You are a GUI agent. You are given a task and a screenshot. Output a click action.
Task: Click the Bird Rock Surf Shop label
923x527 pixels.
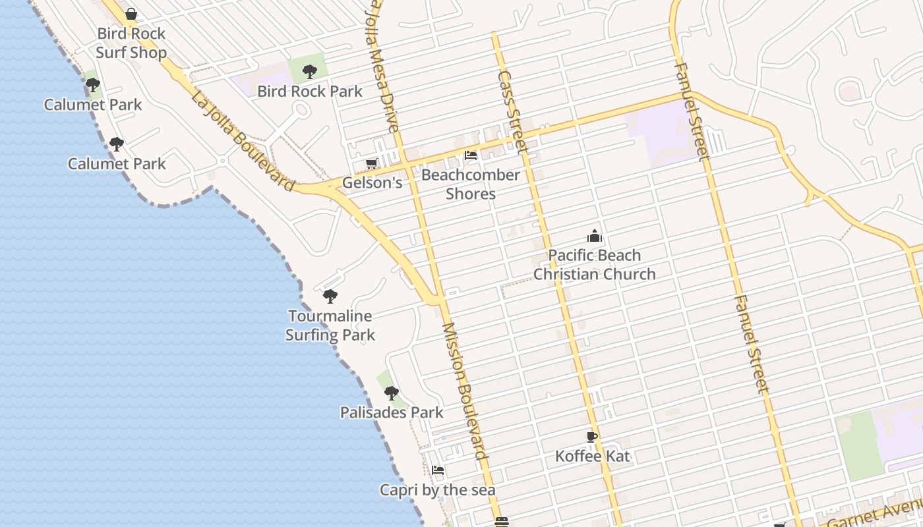(x=131, y=43)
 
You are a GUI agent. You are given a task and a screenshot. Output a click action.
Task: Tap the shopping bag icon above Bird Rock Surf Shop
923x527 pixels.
(x=131, y=14)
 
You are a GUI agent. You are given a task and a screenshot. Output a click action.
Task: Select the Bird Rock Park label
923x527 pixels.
(x=310, y=91)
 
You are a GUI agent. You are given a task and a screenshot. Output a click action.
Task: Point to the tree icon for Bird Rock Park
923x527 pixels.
(x=310, y=72)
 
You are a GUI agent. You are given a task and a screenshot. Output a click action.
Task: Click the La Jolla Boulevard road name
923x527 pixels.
(x=243, y=142)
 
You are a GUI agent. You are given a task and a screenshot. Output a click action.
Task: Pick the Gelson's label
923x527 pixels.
(x=372, y=182)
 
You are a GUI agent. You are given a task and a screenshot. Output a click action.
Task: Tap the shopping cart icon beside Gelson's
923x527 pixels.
(x=371, y=163)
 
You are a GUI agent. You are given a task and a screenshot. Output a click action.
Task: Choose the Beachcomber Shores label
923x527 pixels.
(x=471, y=184)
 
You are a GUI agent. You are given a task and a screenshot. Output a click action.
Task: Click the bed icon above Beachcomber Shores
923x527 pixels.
(x=471, y=155)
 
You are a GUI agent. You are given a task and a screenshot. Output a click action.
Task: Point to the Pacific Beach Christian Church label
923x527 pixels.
(x=595, y=265)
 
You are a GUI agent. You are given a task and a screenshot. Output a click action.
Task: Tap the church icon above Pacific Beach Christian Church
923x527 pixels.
(x=595, y=236)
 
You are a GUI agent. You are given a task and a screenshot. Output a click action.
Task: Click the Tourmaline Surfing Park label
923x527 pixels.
(x=330, y=325)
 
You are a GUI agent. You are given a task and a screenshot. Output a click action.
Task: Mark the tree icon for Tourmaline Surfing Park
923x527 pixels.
(x=330, y=296)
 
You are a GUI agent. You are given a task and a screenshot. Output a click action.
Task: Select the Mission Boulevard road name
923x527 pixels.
(x=465, y=391)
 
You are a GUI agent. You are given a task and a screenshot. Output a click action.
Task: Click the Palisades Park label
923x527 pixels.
(x=392, y=412)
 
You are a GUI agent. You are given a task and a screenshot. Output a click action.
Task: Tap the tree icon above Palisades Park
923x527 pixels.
(x=392, y=393)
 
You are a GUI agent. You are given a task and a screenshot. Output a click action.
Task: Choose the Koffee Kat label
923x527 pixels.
(x=593, y=456)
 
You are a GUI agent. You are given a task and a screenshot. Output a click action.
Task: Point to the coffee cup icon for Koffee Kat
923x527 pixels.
(x=592, y=437)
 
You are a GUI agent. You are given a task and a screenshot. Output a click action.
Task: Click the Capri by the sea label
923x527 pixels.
(x=438, y=490)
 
